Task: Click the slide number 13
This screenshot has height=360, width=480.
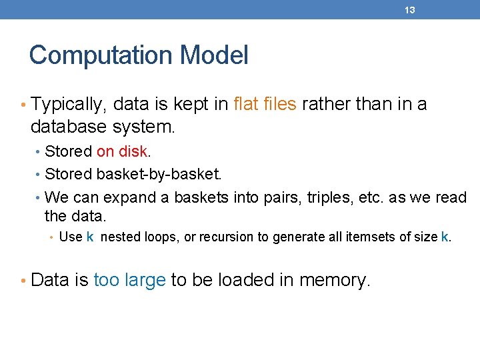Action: click(x=410, y=10)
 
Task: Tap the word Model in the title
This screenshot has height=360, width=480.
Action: click(x=219, y=55)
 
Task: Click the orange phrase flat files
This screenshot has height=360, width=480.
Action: click(x=265, y=104)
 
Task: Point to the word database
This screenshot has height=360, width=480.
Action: click(x=65, y=125)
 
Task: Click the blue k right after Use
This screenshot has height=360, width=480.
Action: click(x=90, y=237)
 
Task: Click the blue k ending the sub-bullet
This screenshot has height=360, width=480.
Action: click(x=445, y=237)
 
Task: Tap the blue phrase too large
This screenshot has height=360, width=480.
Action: click(x=129, y=280)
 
